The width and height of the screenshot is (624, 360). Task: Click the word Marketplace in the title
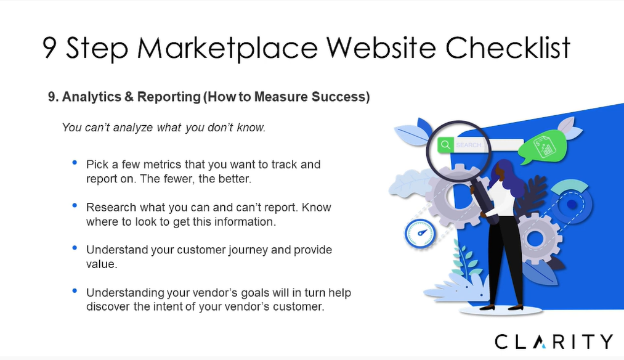227,49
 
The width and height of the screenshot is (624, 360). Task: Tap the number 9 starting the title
49,48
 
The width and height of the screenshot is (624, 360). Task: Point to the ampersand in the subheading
129,97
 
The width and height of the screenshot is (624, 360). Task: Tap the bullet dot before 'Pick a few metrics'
75,162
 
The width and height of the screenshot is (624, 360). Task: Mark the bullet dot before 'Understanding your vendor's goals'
75,290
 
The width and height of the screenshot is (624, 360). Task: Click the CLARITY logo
554,342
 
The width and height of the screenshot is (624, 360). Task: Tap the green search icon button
446,145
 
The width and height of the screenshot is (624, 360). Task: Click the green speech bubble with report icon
543,147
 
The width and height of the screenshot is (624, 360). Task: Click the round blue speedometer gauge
420,234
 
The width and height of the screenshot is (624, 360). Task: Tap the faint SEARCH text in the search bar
469,145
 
